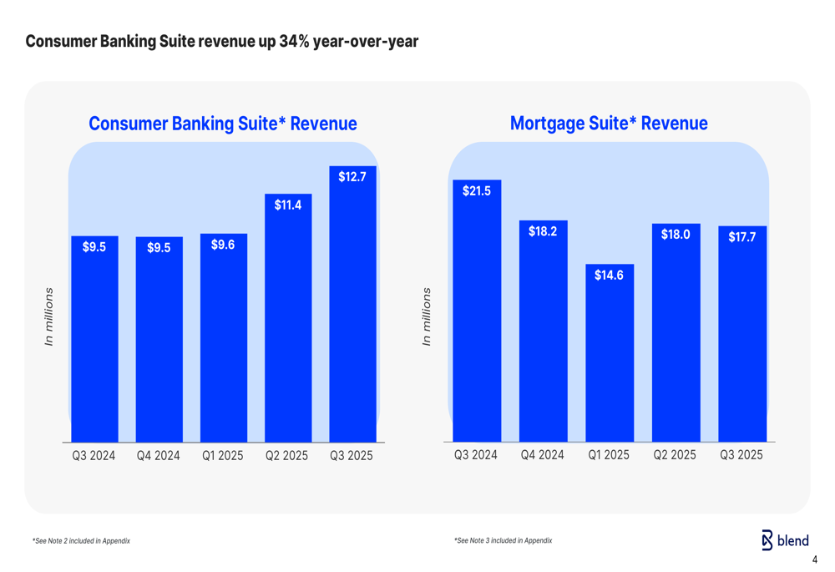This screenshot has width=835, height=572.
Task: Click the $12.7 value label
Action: [x=352, y=177]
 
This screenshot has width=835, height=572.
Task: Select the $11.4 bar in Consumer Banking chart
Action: [x=288, y=326]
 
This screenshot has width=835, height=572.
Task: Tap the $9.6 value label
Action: [x=223, y=245]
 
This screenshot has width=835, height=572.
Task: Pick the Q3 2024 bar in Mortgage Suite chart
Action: [x=477, y=317]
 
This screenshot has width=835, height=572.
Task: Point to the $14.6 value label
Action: [x=609, y=275]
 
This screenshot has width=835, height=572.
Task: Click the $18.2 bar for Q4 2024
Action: [x=543, y=334]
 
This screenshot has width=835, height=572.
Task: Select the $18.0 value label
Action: [x=676, y=235]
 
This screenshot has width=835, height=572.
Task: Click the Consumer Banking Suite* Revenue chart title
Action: [x=223, y=124]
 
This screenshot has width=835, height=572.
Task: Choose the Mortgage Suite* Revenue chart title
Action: [x=609, y=124]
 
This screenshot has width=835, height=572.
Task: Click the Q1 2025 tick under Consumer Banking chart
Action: [x=223, y=456]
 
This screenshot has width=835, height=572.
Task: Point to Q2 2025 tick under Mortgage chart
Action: [x=675, y=455]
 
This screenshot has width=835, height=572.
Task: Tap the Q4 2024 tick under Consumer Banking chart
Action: [x=159, y=456]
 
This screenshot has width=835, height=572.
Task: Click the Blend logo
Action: [x=785, y=540]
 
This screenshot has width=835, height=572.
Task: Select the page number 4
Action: [x=815, y=559]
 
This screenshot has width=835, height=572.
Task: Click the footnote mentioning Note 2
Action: [x=81, y=541]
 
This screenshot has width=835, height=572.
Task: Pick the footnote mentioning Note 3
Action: [x=503, y=540]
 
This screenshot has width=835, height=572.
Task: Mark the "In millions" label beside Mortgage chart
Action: [x=427, y=317]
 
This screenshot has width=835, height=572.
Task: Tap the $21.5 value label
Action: [x=477, y=191]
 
